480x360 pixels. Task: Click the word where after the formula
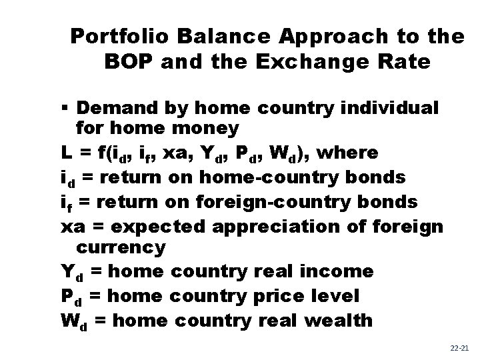click(349, 153)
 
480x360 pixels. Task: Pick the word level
click(337, 295)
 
